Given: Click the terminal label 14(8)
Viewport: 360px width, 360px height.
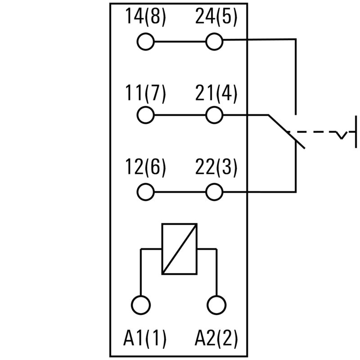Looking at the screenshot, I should pos(145,18).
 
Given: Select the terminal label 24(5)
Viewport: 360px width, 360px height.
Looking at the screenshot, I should pos(216,18).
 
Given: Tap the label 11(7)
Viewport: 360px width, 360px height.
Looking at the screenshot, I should pos(145,94).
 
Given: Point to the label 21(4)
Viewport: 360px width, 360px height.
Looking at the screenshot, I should pos(216,94).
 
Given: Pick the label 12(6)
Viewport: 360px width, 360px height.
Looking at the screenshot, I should pos(145,168).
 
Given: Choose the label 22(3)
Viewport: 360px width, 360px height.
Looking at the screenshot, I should pos(216,168).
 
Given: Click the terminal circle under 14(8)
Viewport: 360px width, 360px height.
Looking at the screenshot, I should pos(145,42).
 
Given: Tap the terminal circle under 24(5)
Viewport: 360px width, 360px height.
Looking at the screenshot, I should pos(214,42).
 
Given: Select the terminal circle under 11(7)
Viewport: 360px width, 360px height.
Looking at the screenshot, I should pos(145,115).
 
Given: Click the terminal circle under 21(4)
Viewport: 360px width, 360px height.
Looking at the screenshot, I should pos(214,115).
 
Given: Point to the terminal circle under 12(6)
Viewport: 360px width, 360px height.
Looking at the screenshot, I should pos(145,193).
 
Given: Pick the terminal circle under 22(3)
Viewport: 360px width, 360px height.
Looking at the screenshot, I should pos(214,193).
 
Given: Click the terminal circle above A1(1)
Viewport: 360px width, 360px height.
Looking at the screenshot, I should pos(141,305).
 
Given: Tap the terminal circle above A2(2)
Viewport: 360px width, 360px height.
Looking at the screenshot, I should pos(216,305).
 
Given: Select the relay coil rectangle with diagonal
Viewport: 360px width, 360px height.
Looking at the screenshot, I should pos(180,248).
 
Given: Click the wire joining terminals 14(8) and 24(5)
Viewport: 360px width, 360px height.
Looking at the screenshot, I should pos(180,42).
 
